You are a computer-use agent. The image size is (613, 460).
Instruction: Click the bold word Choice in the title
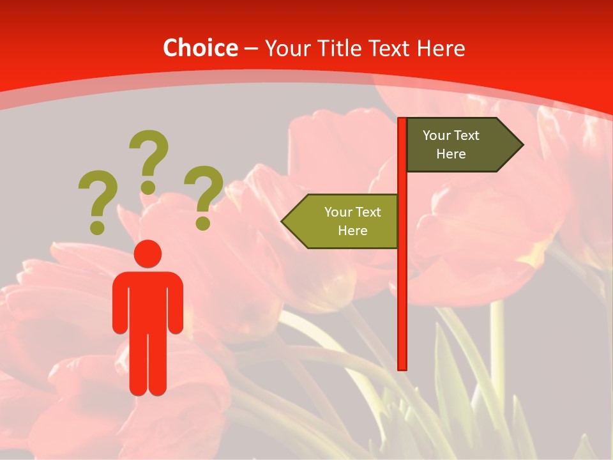pos(200,48)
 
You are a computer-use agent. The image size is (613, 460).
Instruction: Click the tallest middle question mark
pos(149,160)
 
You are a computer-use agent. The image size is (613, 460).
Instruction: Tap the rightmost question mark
pos(203,195)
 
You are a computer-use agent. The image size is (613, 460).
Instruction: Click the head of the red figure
pos(148,254)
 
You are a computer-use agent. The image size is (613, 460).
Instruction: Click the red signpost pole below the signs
pos(402,307)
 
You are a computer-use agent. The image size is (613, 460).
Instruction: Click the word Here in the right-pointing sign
pos(451,154)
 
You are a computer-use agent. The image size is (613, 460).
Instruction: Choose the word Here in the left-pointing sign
pos(352,231)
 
